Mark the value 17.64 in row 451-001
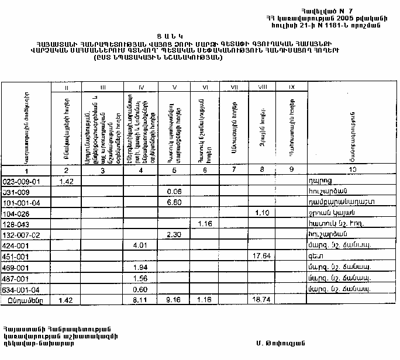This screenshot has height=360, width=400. pyautogui.click(x=262, y=256)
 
